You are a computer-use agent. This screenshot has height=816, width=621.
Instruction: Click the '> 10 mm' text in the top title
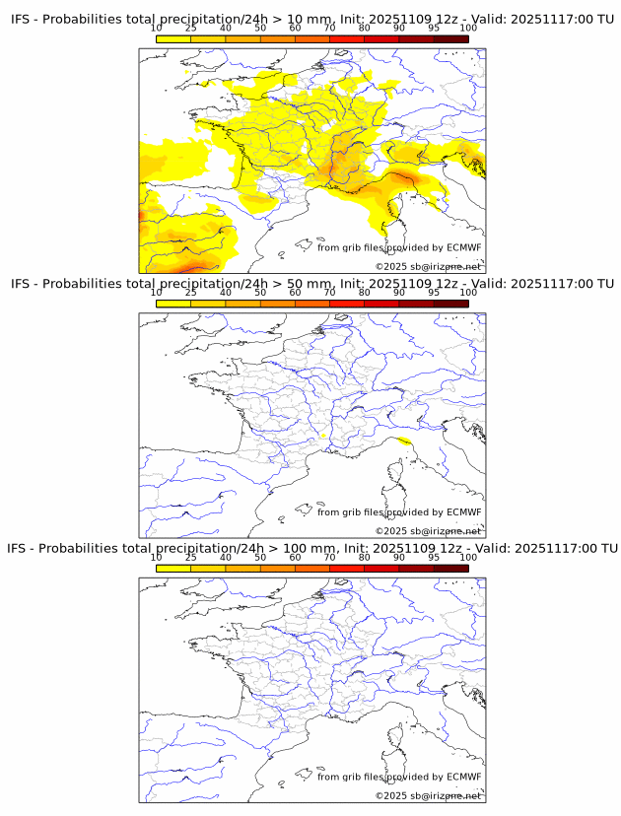pyautogui.click(x=295, y=20)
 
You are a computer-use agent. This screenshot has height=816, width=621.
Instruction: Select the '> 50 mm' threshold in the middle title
pyautogui.click(x=295, y=284)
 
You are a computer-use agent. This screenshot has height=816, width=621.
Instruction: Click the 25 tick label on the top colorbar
pyautogui.click(x=191, y=29)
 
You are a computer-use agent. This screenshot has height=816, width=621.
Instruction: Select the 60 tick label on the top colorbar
pyautogui.click(x=295, y=29)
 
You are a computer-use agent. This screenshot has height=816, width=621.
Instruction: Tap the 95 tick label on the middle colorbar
pyautogui.click(x=434, y=293)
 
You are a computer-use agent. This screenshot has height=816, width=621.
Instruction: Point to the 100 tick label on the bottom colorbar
pyautogui.click(x=468, y=557)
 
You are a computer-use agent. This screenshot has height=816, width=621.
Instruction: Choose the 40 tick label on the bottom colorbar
pyautogui.click(x=226, y=557)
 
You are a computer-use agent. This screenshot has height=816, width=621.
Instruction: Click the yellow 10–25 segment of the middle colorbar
pyautogui.click(x=173, y=304)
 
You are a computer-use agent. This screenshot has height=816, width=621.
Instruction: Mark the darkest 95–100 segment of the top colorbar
pyautogui.click(x=450, y=38)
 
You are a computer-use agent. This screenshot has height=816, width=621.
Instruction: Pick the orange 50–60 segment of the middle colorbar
pyautogui.click(x=277, y=304)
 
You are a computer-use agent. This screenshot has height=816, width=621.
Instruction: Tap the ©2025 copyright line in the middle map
pyautogui.click(x=428, y=531)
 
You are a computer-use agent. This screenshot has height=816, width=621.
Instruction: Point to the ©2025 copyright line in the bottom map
pyautogui.click(x=428, y=795)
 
